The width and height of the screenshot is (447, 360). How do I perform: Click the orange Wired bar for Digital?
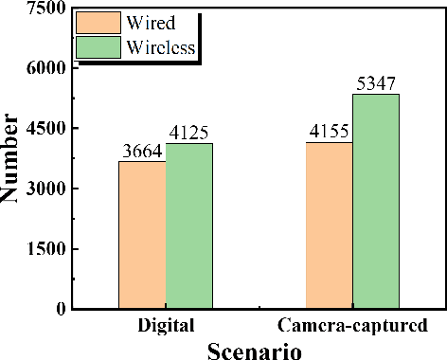click(142, 235)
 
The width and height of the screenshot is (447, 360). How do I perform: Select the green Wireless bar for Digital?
click(189, 225)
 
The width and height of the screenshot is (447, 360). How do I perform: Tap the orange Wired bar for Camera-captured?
click(329, 225)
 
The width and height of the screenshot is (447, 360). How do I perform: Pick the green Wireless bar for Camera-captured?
click(376, 201)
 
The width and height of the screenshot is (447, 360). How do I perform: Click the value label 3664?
click(142, 152)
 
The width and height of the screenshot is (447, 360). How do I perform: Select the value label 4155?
click(329, 133)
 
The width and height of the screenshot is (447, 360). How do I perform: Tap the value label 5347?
click(377, 84)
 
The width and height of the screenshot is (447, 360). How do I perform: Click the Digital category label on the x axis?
click(166, 326)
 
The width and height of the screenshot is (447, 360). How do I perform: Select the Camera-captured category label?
click(349, 326)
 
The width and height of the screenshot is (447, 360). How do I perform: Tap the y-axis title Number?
click(12, 158)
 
